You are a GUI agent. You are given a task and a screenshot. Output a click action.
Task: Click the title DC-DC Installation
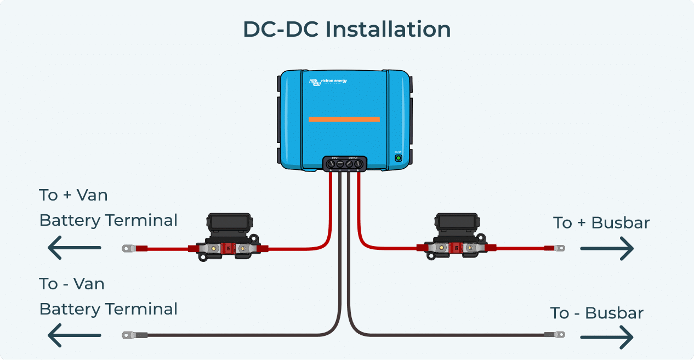pyautogui.click(x=346, y=30)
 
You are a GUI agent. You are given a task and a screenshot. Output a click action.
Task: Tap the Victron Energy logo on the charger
pyautogui.click(x=328, y=82)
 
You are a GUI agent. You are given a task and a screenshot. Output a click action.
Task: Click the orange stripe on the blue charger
pyautogui.click(x=344, y=119)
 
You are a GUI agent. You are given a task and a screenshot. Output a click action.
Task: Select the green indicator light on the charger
pyautogui.click(x=399, y=158)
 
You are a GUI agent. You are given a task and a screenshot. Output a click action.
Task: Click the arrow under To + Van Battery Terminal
pyautogui.click(x=74, y=248)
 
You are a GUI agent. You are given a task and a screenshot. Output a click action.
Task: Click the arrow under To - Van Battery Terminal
pyautogui.click(x=74, y=335)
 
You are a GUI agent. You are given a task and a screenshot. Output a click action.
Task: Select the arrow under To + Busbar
pyautogui.click(x=607, y=249)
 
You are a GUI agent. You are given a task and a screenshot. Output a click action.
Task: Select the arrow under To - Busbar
pyautogui.click(x=607, y=336)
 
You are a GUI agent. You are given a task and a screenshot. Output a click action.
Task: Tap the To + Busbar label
pyautogui.click(x=601, y=223)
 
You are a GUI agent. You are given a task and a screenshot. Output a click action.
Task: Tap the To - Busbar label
pyautogui.click(x=596, y=313)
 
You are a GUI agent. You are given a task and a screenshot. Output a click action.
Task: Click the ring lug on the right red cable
pyautogui.click(x=559, y=248)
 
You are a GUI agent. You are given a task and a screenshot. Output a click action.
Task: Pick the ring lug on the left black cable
pyautogui.click(x=128, y=335)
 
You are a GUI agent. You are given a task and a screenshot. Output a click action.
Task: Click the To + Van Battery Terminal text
pyautogui.click(x=108, y=208)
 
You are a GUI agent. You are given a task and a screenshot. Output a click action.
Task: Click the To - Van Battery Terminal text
pyautogui.click(x=108, y=296)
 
